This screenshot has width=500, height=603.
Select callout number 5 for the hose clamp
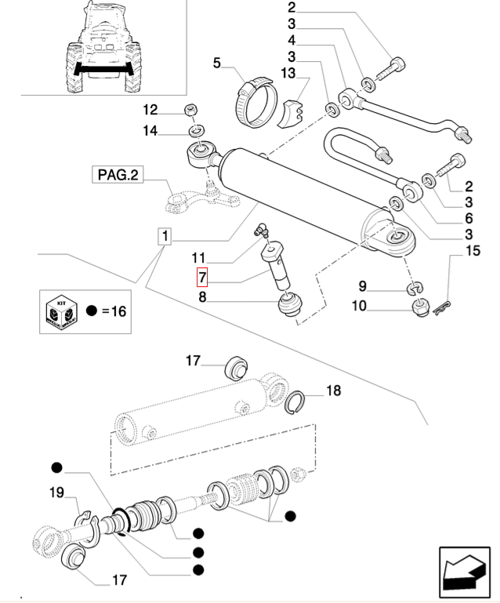coord(218,62)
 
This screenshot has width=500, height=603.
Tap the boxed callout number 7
coord(202,277)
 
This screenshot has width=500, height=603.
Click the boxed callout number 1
coord(165,236)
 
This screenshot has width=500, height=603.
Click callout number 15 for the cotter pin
coord(472,251)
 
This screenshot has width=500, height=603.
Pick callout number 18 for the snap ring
coord(333,390)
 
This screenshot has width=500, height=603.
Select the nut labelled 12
coord(190,109)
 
